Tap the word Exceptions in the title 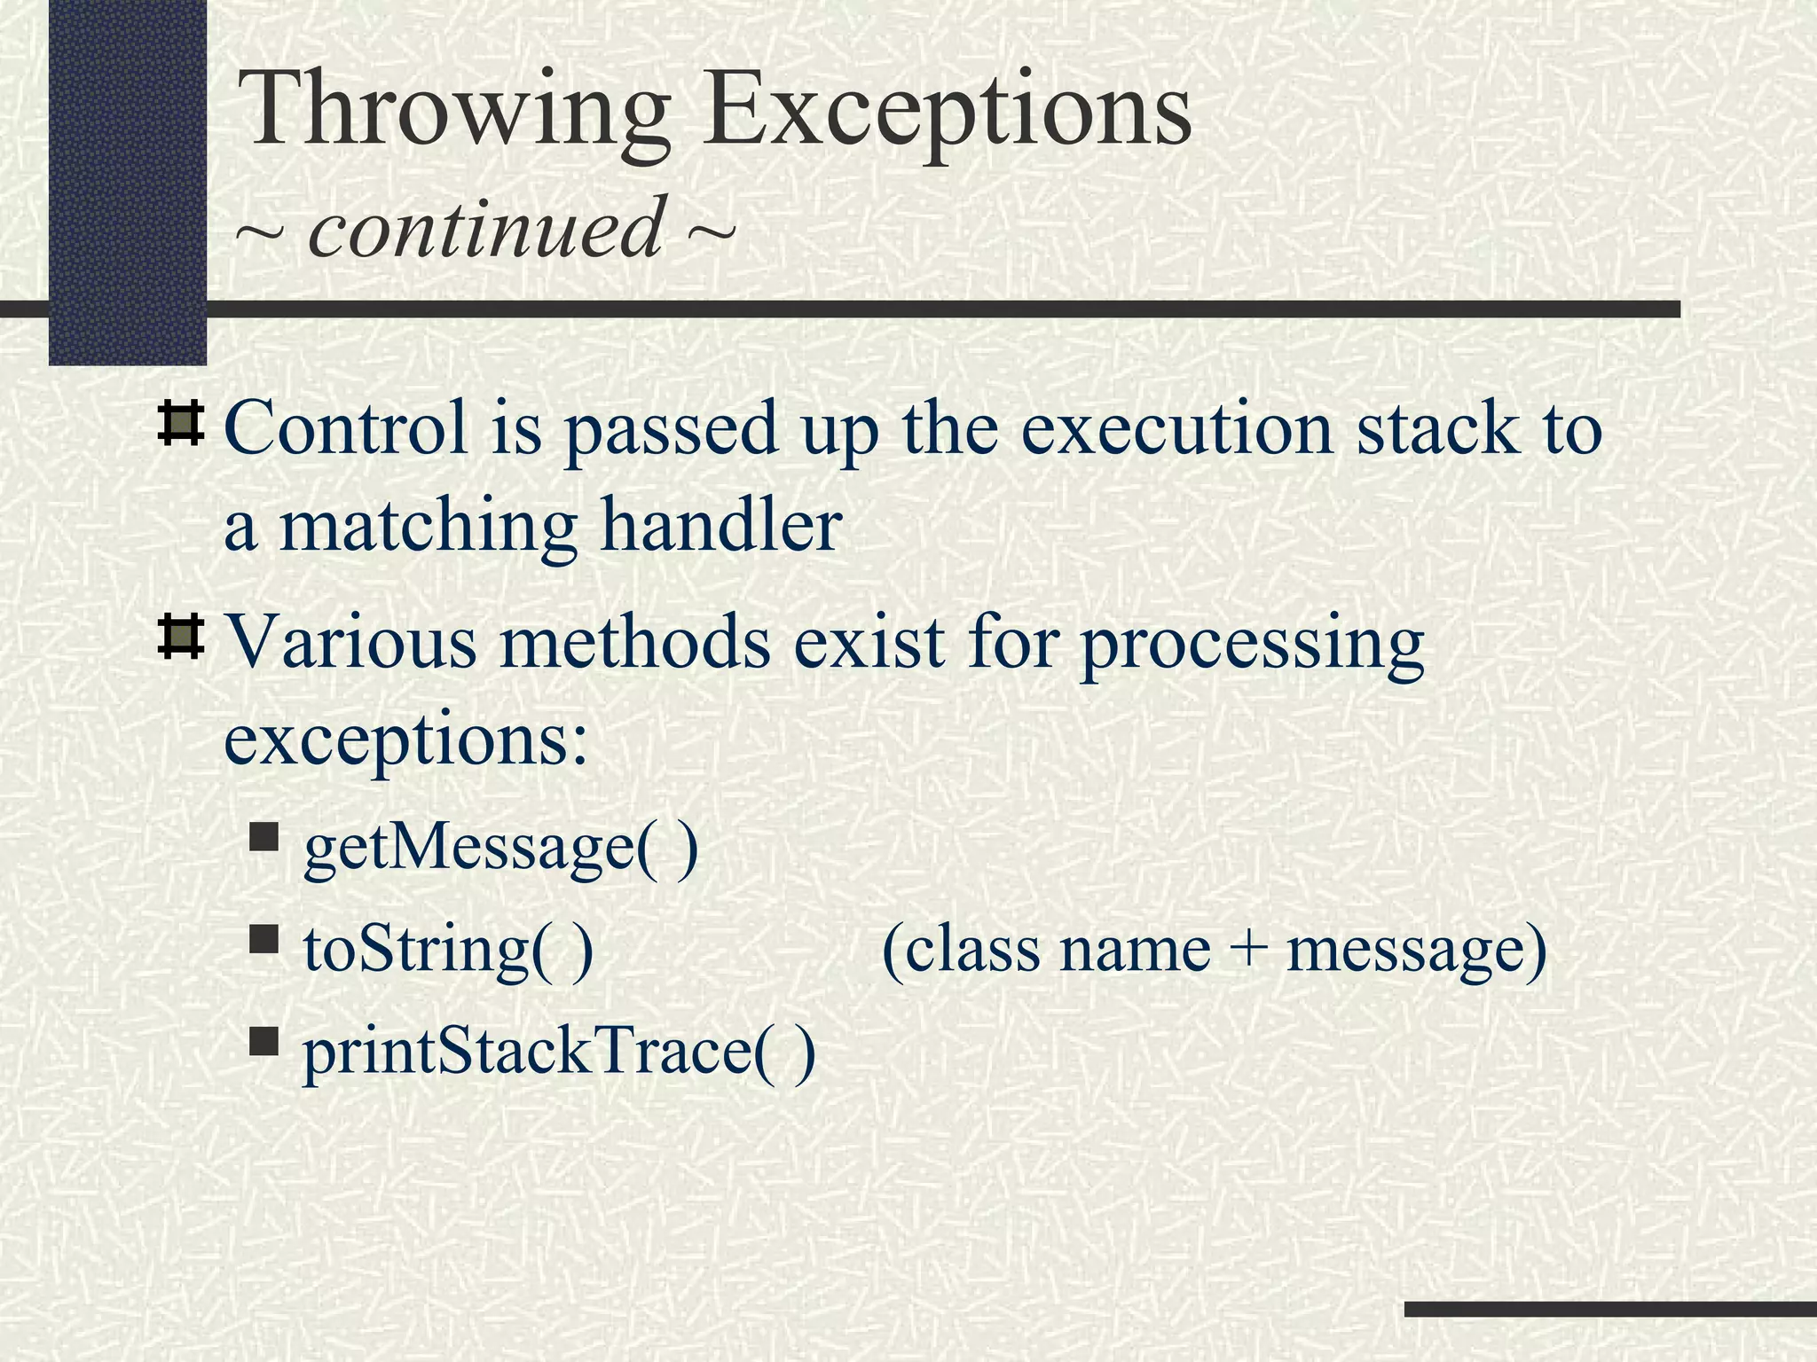tap(947, 110)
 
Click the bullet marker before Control tap(181, 423)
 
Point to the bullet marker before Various tap(181, 638)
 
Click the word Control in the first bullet tap(346, 428)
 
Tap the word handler tap(720, 525)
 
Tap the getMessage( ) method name tap(500, 849)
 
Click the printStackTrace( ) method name tap(559, 1053)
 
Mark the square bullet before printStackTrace tap(264, 1040)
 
